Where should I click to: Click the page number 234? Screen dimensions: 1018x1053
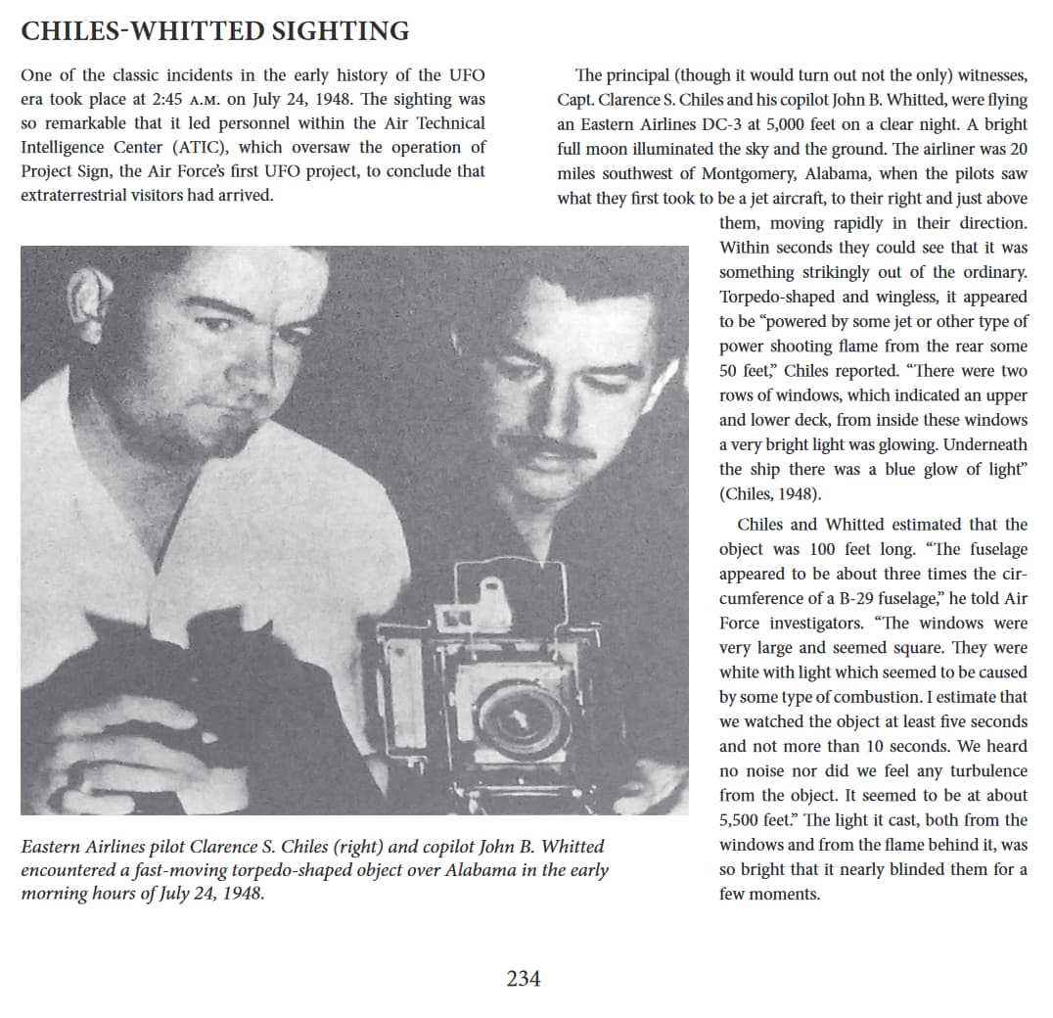coord(524,978)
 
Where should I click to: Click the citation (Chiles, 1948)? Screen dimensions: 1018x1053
coord(770,493)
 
